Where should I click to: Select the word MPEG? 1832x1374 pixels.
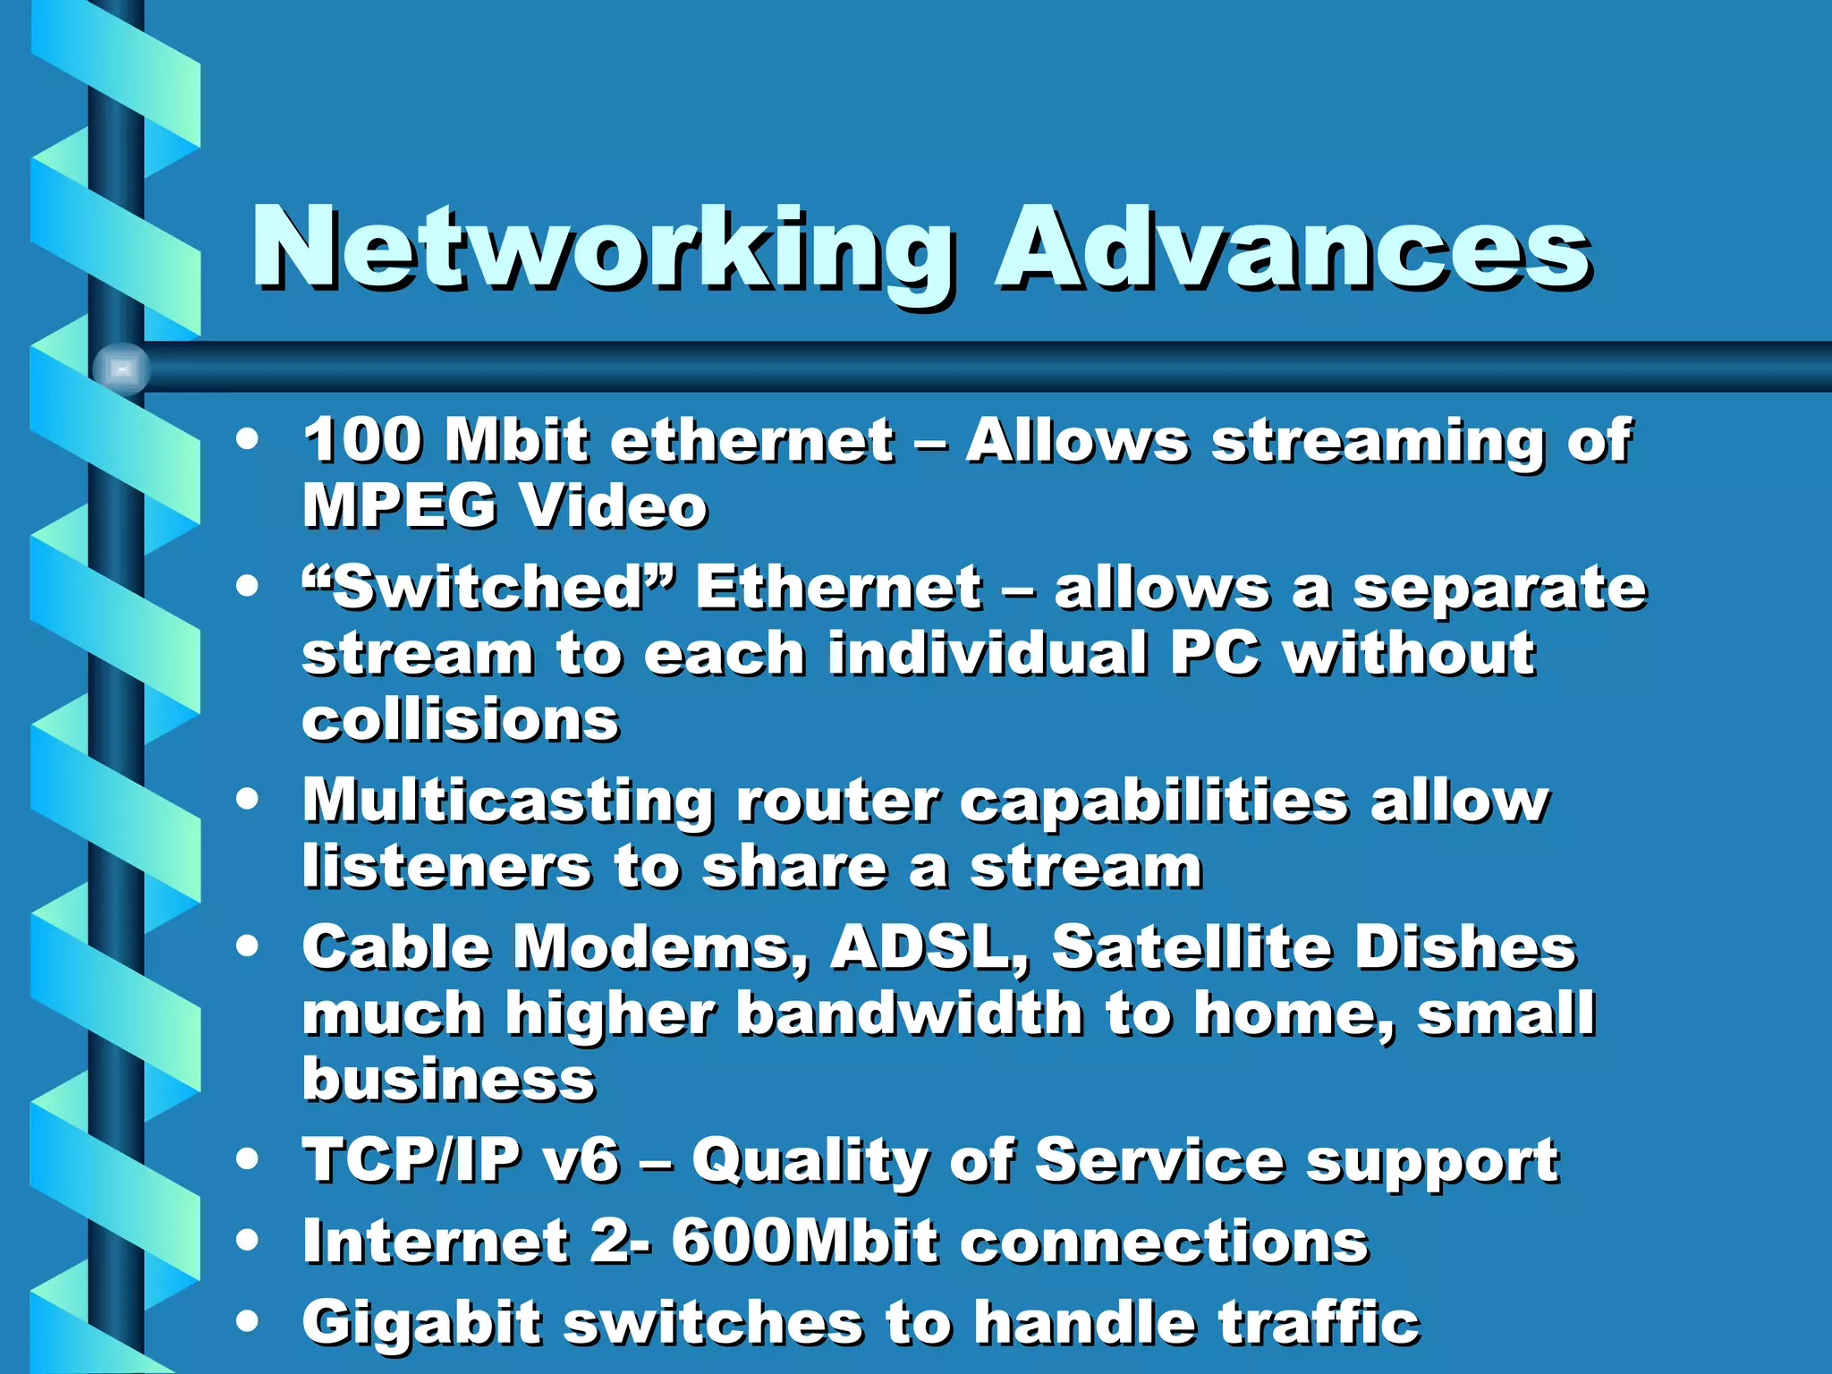(x=399, y=505)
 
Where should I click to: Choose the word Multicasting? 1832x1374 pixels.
(x=507, y=801)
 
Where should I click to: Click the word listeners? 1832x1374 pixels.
(x=446, y=867)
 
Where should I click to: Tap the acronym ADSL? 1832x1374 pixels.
(x=929, y=946)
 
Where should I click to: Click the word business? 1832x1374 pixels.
(x=448, y=1079)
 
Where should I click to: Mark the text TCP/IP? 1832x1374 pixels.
(x=411, y=1160)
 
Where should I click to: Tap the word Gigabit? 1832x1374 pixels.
(x=421, y=1322)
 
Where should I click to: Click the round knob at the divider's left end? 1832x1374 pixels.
(x=122, y=369)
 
